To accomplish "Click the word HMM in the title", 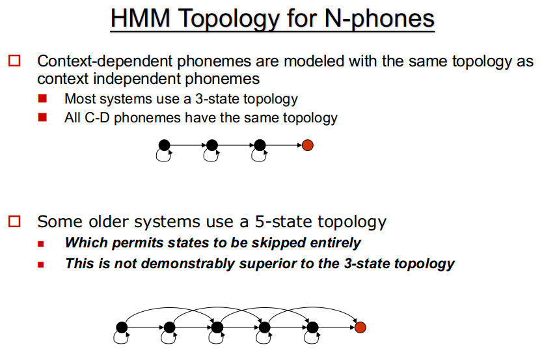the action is (140, 18).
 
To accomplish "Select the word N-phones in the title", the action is (379, 20).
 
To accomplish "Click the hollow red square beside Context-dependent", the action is (14, 61).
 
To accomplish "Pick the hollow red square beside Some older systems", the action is (14, 221).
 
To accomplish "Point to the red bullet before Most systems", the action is (42, 99).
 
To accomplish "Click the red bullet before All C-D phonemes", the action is (42, 118).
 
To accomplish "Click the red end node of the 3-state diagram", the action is (308, 145).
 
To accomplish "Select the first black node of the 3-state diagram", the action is (164, 145).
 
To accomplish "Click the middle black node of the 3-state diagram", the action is (212, 145).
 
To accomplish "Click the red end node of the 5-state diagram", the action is (360, 327).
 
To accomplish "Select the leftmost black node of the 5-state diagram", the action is (122, 327).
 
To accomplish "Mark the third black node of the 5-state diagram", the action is (217, 327).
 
